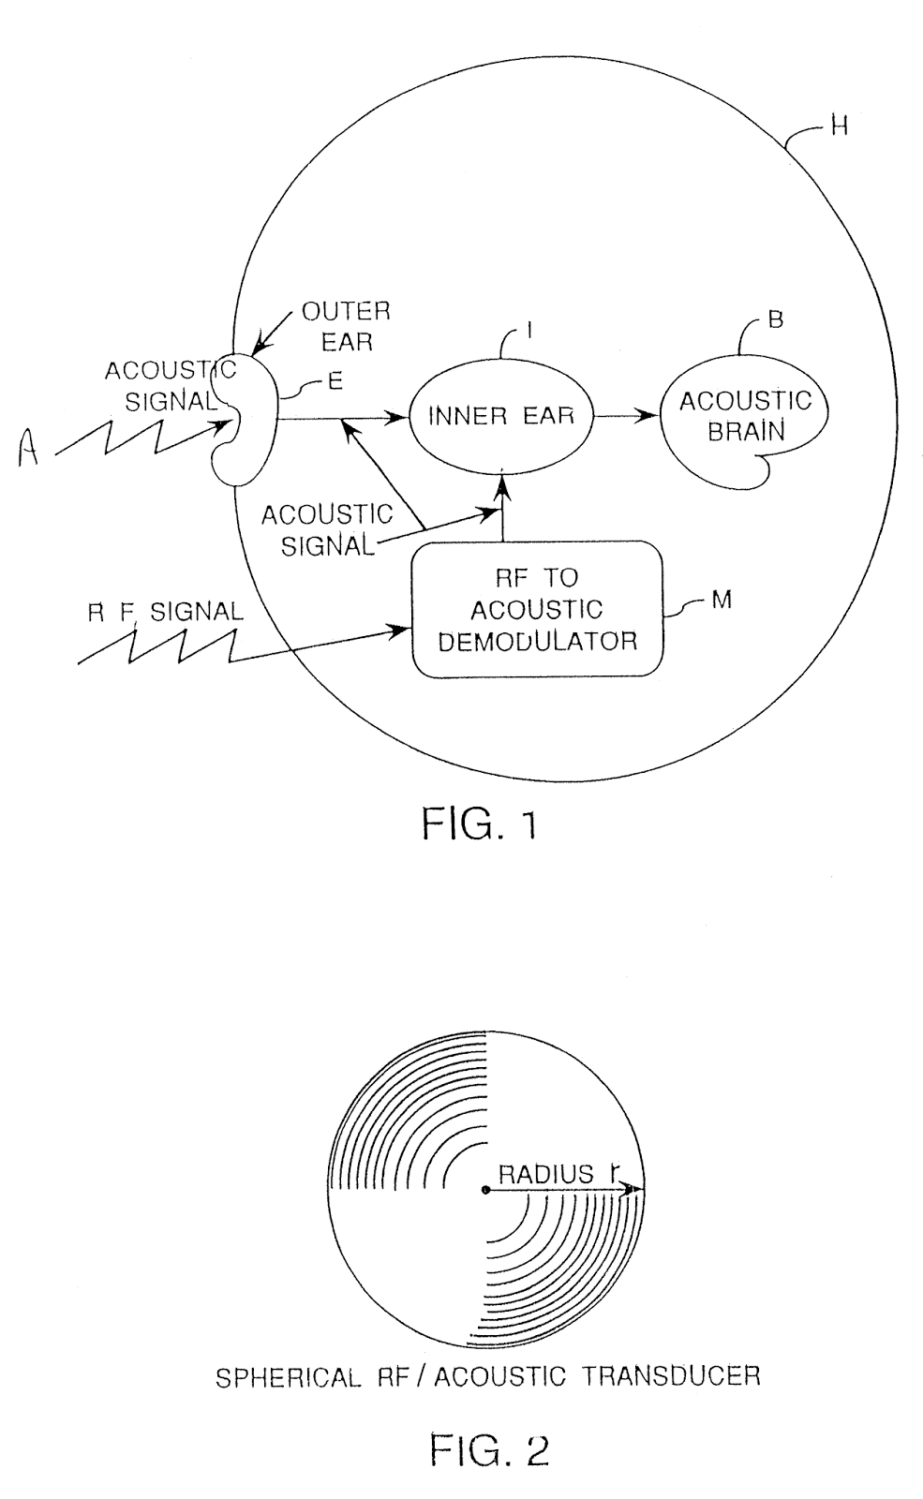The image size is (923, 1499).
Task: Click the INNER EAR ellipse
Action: pos(500,415)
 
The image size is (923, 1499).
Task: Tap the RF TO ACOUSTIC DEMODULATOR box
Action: pos(537,609)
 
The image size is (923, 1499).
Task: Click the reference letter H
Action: pos(839,126)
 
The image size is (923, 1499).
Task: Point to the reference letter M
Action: pos(721,600)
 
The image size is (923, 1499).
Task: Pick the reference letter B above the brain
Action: pos(775,319)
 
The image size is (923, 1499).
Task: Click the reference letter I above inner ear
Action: pos(529,331)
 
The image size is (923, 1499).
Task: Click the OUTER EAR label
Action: pos(346,326)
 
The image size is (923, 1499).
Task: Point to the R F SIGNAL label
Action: pos(166,612)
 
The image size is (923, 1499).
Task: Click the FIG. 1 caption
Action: pos(479,824)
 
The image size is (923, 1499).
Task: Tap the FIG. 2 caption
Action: pos(488,1449)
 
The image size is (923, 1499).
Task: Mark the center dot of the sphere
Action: pos(484,1190)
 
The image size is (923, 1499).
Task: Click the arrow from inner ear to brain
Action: pos(628,415)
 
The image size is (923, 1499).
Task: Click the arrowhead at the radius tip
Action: pos(637,1190)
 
